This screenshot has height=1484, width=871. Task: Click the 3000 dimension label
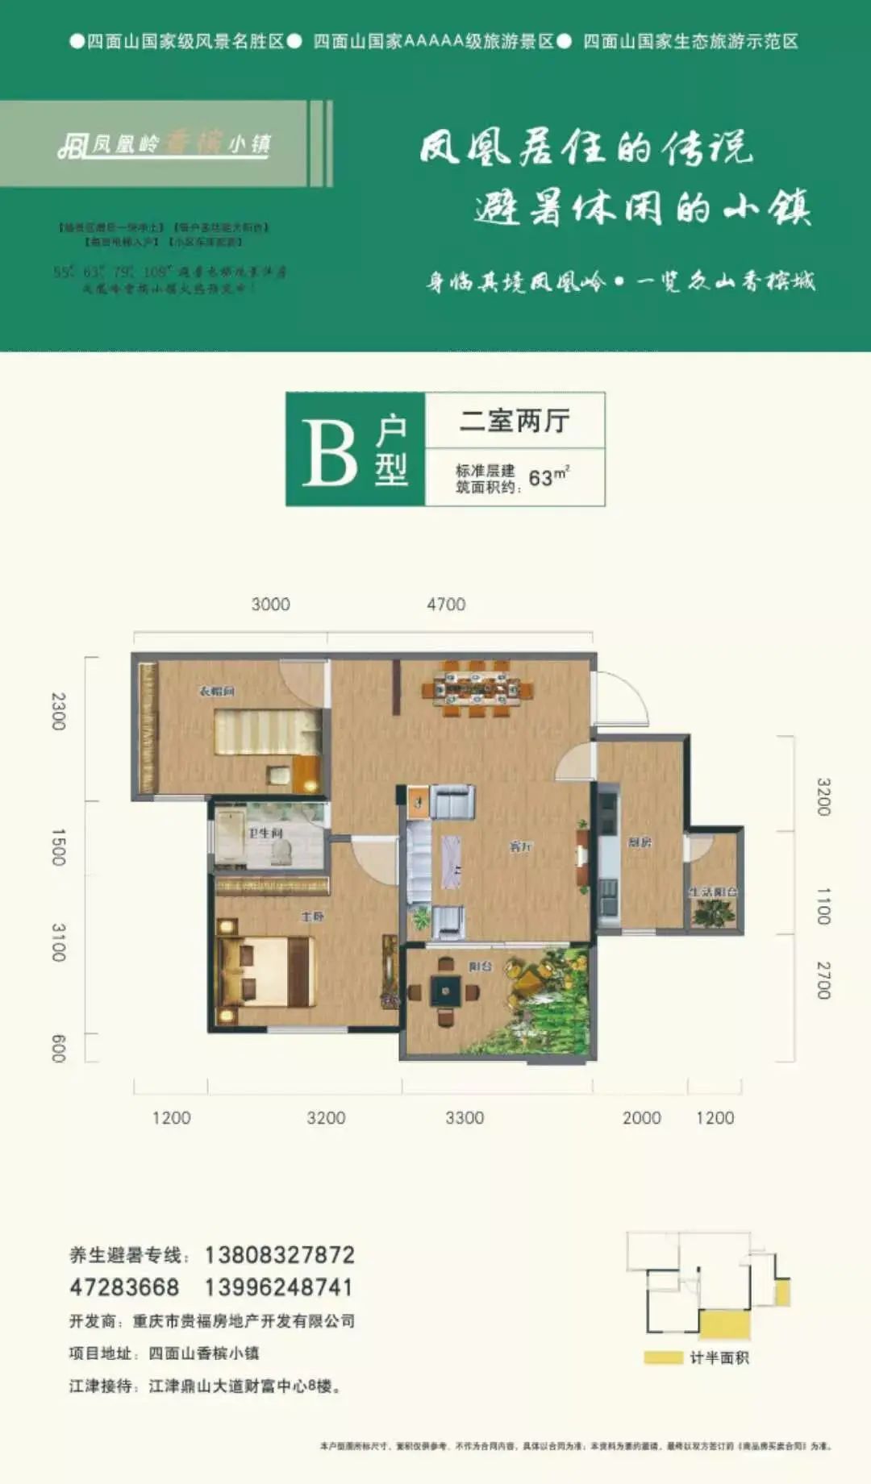point(270,605)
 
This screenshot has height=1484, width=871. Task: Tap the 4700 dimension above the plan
point(446,605)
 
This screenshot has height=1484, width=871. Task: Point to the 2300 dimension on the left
point(58,711)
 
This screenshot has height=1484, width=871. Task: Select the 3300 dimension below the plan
point(465,1118)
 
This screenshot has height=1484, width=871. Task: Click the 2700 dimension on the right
point(823,980)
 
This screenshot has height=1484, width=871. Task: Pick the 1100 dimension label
point(823,906)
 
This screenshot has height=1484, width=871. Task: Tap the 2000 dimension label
point(641,1118)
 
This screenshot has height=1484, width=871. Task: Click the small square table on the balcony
point(445,990)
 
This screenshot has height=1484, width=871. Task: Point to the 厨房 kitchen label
point(640,842)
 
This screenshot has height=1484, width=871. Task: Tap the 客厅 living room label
point(520,846)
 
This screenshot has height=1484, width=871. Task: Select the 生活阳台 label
point(713,892)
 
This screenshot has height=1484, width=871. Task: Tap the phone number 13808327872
point(279,1255)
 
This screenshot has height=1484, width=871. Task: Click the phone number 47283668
point(124,1287)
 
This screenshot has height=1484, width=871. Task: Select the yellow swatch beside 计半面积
point(663,1358)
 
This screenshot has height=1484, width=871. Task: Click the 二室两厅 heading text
point(515,421)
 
